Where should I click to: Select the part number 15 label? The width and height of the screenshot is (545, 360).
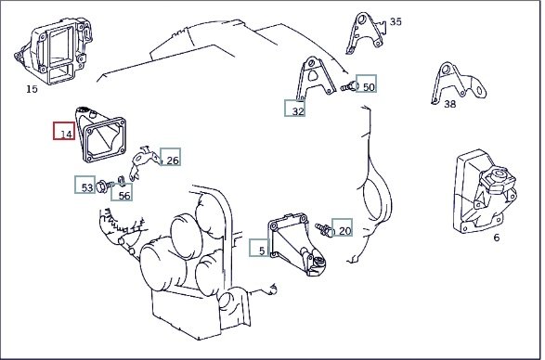(32, 89)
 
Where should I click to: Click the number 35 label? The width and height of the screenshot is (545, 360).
(396, 22)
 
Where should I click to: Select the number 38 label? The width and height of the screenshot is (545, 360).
(449, 104)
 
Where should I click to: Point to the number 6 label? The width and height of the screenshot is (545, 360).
(497, 238)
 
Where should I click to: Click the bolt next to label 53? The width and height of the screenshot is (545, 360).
(105, 186)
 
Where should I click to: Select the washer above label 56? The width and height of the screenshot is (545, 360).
(122, 180)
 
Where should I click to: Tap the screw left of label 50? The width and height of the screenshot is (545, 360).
(348, 86)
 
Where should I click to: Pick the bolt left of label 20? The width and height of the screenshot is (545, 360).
(325, 229)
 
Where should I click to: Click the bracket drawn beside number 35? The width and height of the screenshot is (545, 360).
(366, 33)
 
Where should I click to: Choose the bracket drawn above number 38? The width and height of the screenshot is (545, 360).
(458, 83)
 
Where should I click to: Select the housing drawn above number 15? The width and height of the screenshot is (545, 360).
(54, 50)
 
